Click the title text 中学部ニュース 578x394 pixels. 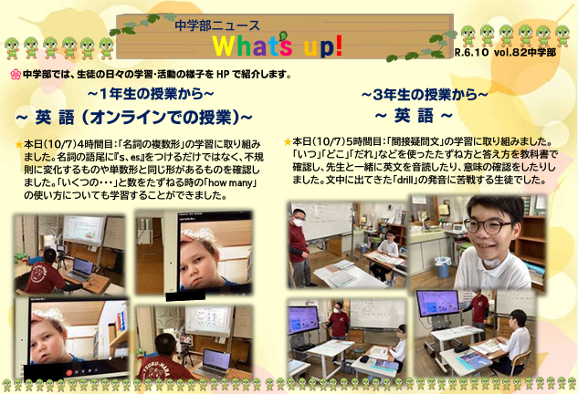click(217, 26)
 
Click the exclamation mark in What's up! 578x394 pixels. click(339, 46)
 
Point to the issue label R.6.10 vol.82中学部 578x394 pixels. click(505, 52)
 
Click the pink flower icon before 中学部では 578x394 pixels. click(16, 75)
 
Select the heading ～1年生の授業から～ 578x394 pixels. click(151, 94)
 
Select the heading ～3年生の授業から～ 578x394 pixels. click(425, 95)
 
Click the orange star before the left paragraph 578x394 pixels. click(19, 145)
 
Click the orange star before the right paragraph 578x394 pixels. click(288, 141)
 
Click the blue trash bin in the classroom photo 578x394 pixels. click(442, 267)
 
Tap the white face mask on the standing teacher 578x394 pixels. click(299, 222)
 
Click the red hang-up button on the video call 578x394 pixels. click(68, 372)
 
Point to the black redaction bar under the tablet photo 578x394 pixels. click(185, 295)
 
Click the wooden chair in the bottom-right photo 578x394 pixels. click(520, 362)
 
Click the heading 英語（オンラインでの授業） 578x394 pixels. click(133, 118)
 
